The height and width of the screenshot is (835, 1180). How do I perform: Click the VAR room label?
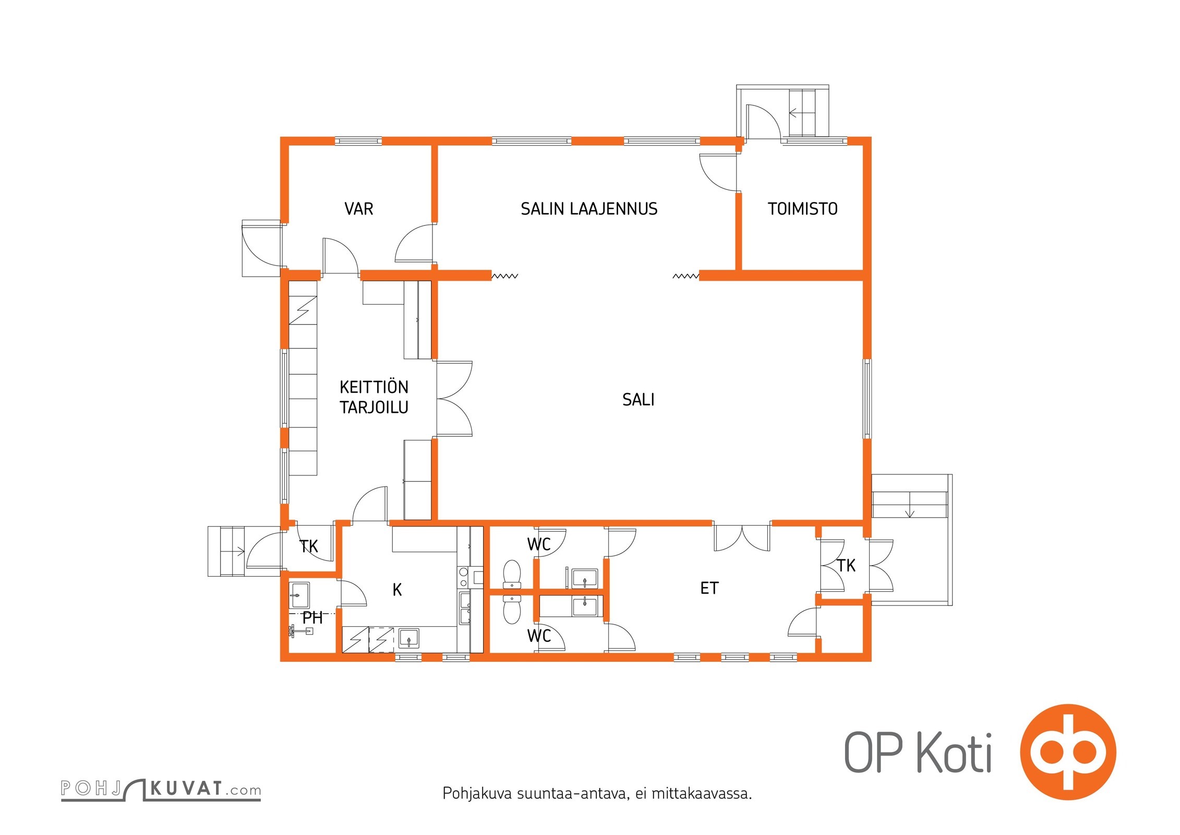tap(359, 209)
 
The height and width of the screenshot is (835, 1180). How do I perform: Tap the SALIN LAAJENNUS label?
tap(589, 209)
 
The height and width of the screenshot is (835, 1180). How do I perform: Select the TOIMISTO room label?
tap(802, 209)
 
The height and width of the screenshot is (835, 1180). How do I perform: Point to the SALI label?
tap(638, 400)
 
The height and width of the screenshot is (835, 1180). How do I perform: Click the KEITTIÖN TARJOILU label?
tap(374, 397)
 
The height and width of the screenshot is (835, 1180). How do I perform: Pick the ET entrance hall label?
tap(709, 588)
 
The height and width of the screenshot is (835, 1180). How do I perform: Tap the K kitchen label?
tap(397, 590)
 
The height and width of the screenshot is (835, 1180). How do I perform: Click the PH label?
tap(312, 618)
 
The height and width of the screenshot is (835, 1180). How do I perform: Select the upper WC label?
tap(539, 544)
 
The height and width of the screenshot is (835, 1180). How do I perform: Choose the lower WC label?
tap(539, 636)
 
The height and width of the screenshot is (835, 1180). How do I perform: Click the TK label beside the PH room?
tap(309, 546)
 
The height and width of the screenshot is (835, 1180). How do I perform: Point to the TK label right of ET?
tap(846, 565)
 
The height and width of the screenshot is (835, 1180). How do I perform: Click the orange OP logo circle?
tap(1067, 751)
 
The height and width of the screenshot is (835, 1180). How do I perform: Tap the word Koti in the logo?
tap(954, 753)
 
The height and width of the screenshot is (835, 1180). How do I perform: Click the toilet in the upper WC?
tap(511, 574)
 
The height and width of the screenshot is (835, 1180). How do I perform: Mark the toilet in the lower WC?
tap(511, 609)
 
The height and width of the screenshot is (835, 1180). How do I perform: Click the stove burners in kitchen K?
tap(463, 577)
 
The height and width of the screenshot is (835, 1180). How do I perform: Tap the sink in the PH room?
tap(299, 595)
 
